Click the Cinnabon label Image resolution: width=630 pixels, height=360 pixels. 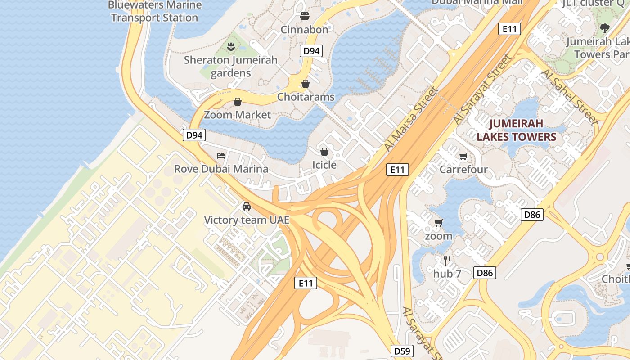coord(305,30)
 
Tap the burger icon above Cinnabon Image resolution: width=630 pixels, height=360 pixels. coord(305,16)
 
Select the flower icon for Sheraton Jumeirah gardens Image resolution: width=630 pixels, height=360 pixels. coord(231,46)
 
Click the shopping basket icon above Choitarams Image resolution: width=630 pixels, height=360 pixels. coord(306,84)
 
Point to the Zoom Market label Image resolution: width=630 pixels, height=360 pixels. coord(237,115)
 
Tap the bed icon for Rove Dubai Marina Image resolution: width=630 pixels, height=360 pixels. coord(221,156)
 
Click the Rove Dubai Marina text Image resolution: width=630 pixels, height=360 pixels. coord(221,169)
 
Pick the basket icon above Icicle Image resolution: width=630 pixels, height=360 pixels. coord(324,152)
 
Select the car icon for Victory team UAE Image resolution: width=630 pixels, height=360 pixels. coord(246,207)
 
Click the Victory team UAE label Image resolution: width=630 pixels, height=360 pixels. coord(246,220)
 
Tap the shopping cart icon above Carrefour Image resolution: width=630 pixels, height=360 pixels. coord(463,156)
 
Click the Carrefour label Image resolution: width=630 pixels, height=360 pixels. coord(463,170)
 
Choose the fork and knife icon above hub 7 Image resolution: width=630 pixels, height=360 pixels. coord(447,260)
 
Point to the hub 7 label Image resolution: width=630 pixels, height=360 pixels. coord(447,274)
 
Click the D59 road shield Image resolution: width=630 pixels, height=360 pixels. coord(402,351)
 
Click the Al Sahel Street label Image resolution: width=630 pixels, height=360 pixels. coord(570,97)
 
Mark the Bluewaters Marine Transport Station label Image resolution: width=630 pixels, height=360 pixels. coord(154,12)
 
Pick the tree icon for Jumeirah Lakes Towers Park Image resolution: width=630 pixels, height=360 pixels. coord(605,28)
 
